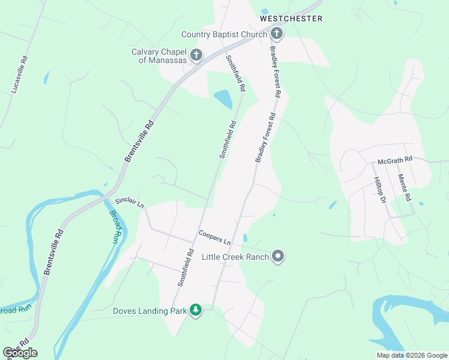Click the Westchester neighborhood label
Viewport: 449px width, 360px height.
(x=291, y=19)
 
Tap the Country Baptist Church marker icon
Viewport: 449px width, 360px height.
(x=277, y=34)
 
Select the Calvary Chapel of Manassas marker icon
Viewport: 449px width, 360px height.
(x=196, y=56)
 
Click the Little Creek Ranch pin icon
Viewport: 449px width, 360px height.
(x=277, y=257)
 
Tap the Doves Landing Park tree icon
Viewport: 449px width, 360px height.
(x=195, y=310)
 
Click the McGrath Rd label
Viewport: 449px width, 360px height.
(x=395, y=160)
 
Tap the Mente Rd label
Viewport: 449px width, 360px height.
(x=404, y=187)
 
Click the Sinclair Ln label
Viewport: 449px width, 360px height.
(x=130, y=203)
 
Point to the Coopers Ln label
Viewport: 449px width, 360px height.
(x=215, y=238)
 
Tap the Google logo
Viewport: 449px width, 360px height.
(x=20, y=353)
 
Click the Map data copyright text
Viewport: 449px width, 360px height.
(x=411, y=355)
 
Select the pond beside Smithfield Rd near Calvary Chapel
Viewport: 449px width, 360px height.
(x=223, y=98)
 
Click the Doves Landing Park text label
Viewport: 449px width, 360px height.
(x=150, y=311)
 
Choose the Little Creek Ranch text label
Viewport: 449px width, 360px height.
(x=235, y=257)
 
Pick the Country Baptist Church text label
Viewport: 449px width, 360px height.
(x=224, y=34)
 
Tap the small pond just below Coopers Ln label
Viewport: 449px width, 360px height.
(x=244, y=238)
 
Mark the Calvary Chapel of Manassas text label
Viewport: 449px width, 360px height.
(x=159, y=56)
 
